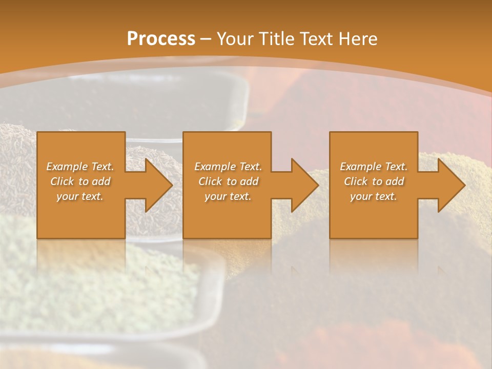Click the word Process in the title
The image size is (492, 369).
161,39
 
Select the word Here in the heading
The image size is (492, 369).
358,39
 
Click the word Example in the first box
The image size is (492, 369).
67,167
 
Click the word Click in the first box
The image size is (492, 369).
62,181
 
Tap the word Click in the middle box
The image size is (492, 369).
210,181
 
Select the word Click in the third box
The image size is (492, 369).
356,181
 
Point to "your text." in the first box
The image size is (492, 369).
80,196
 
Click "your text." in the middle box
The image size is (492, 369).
228,196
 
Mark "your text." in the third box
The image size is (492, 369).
374,196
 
